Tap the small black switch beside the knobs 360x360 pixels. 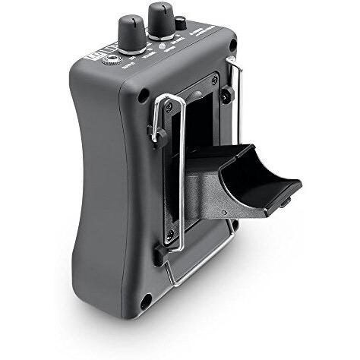tap(181, 24)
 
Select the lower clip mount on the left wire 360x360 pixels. tap(159, 254)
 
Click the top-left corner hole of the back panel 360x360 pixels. tap(143, 96)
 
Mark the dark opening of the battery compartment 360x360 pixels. tap(199, 129)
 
